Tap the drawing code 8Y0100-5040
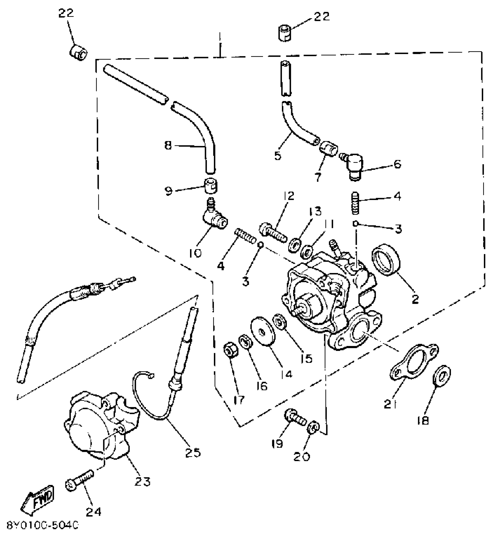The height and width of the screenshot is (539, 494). click(x=43, y=526)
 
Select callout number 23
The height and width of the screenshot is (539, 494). click(x=143, y=482)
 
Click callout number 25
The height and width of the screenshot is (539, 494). click(x=193, y=453)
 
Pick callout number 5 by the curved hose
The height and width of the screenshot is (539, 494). click(x=278, y=156)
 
